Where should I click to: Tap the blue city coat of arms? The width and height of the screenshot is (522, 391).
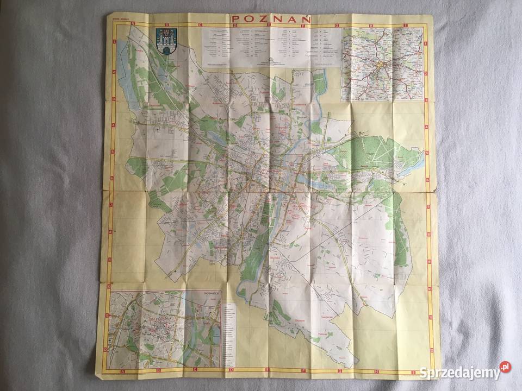coord(165,41)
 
